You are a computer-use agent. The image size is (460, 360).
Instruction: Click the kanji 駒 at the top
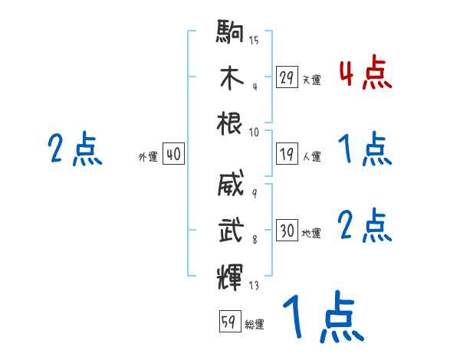click(x=230, y=34)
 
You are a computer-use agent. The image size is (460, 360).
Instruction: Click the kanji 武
click(x=230, y=230)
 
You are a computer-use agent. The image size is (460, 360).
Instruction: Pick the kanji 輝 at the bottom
click(x=230, y=274)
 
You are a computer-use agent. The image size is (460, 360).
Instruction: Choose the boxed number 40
click(x=173, y=155)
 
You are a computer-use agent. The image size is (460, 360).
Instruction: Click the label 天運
click(x=311, y=80)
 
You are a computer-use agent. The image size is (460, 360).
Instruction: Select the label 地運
click(x=311, y=234)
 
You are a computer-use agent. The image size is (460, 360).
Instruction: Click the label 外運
click(x=148, y=157)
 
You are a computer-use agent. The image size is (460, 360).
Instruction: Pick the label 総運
click(x=255, y=325)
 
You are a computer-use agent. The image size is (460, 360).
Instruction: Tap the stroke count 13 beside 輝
click(x=254, y=286)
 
